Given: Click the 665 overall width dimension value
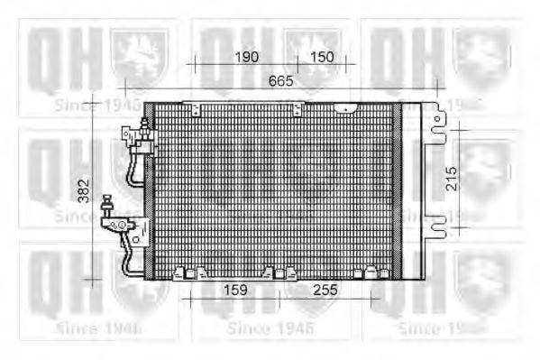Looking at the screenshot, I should (x=281, y=81).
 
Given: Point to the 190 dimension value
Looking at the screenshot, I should (x=246, y=57).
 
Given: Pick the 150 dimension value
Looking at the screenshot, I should (x=322, y=57).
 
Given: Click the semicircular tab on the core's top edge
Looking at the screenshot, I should (x=343, y=107).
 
